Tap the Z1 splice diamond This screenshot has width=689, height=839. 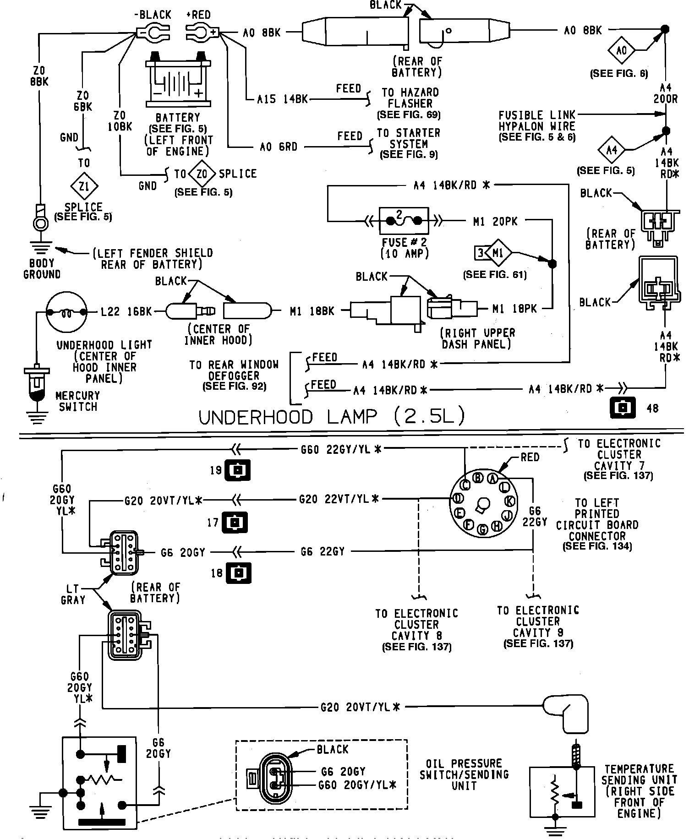84,186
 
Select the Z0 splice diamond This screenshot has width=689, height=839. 202,174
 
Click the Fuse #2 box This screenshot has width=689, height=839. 404,221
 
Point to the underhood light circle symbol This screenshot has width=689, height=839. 66,313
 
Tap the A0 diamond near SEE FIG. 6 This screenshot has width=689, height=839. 622,49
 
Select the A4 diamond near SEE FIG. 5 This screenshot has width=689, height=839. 612,149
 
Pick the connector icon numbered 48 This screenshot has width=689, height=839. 623,407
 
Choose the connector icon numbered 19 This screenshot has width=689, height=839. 237,470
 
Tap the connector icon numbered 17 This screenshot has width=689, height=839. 235,522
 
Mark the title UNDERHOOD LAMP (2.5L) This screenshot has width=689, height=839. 333,416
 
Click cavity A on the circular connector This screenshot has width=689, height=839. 492,479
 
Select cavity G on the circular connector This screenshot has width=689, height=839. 483,529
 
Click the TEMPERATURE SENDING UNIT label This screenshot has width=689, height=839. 639,791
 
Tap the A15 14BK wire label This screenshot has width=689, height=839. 283,99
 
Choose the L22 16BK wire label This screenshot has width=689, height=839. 126,312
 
